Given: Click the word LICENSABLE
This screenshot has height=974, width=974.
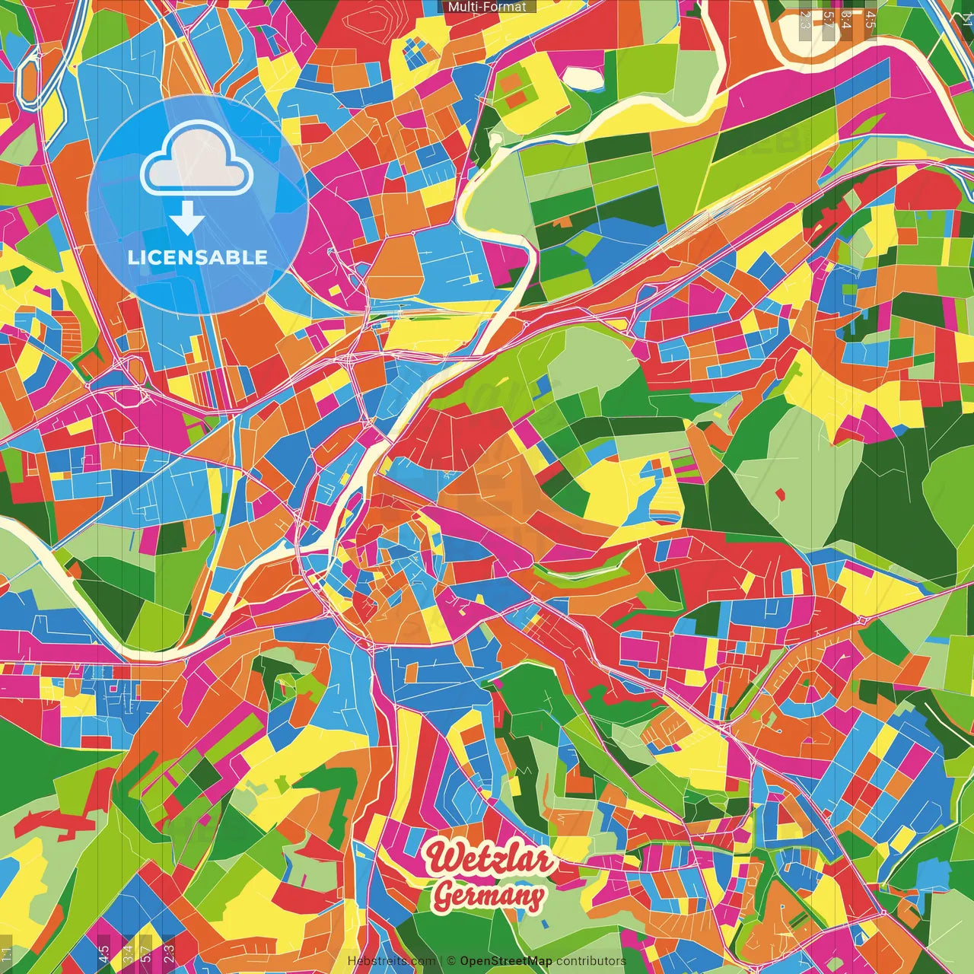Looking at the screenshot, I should click(198, 257).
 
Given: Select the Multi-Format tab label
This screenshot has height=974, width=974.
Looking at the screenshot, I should click(487, 7).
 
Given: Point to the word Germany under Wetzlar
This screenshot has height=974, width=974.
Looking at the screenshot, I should click(489, 896).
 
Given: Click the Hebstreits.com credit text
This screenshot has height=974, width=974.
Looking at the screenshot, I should click(391, 961).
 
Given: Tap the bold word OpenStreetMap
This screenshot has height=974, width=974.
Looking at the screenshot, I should click(506, 961).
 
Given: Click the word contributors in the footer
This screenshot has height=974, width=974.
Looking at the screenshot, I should click(590, 961).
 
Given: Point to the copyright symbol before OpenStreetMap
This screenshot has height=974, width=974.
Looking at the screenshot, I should click(451, 961).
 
